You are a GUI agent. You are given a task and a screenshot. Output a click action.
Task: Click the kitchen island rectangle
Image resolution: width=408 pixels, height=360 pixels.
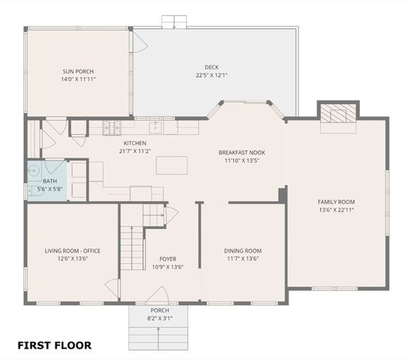tap(172, 164)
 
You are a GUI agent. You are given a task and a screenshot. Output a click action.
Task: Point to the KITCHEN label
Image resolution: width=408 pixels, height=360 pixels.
tap(135, 143)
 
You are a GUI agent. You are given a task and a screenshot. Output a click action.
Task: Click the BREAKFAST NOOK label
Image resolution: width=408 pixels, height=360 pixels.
tap(241, 152)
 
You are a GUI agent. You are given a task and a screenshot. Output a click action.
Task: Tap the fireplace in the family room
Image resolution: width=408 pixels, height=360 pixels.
tap(337, 114)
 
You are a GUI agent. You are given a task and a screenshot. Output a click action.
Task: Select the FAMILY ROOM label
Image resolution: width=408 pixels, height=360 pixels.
tap(336, 202)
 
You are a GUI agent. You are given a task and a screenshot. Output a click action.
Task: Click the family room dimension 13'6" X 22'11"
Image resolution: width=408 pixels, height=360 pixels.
tap(336, 210)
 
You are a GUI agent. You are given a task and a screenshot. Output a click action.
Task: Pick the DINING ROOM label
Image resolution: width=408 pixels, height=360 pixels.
tap(242, 250)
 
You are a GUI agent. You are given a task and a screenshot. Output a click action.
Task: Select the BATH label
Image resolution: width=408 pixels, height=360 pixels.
tap(49, 181)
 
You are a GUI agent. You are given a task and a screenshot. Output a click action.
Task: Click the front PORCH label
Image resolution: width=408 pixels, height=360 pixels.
tap(160, 310)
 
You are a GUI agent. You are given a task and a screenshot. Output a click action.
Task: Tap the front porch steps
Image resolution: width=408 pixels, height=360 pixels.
tap(160, 334)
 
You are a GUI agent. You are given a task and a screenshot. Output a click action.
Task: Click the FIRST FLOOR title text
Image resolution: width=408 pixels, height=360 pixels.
tap(55, 346)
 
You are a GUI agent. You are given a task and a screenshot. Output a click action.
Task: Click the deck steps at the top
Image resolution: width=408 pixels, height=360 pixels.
tap(174, 21)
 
